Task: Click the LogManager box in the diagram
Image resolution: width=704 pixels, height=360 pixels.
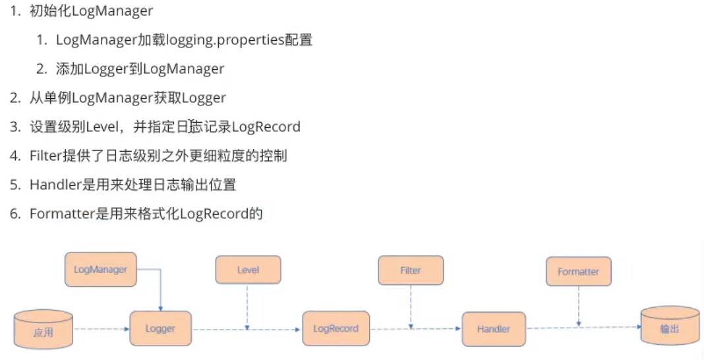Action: pyautogui.click(x=100, y=269)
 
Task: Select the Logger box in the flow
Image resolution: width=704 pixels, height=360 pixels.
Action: pyautogui.click(x=161, y=328)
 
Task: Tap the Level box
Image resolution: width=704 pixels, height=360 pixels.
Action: pyautogui.click(x=248, y=270)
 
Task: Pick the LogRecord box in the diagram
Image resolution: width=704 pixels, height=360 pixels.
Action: pyautogui.click(x=336, y=328)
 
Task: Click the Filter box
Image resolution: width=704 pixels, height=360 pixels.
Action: pyautogui.click(x=410, y=270)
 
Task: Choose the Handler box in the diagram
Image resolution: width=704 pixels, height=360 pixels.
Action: pyautogui.click(x=494, y=328)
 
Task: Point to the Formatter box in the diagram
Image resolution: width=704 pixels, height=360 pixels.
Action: pyautogui.click(x=578, y=271)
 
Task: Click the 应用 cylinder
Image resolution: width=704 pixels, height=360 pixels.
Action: pyautogui.click(x=44, y=329)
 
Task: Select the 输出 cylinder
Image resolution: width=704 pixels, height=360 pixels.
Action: pyautogui.click(x=669, y=326)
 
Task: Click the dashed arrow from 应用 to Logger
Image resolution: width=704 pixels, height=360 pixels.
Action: pyautogui.click(x=100, y=328)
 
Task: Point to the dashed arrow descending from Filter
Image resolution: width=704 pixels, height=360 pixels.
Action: pyautogui.click(x=410, y=306)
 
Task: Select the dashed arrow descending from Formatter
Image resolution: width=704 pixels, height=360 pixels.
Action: pyautogui.click(x=578, y=306)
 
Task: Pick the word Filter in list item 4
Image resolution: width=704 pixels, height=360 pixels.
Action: pyautogui.click(x=45, y=156)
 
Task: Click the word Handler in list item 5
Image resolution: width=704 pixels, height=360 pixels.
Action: pyautogui.click(x=55, y=185)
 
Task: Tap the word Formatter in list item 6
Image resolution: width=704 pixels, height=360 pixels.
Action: pyautogui.click(x=61, y=214)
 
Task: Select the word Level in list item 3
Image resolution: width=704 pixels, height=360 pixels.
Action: pyautogui.click(x=101, y=127)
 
